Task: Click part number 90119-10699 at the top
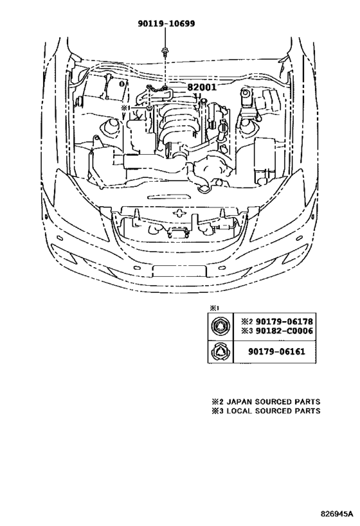pyautogui.click(x=166, y=24)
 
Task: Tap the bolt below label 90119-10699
pyautogui.click(x=165, y=51)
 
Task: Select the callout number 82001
pyautogui.click(x=201, y=87)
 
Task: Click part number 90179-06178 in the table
pyautogui.click(x=284, y=321)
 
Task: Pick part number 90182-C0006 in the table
pyautogui.click(x=284, y=331)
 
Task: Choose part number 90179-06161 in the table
pyautogui.click(x=276, y=351)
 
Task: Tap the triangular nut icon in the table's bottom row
pyautogui.click(x=220, y=351)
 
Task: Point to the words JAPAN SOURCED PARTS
pyautogui.click(x=273, y=401)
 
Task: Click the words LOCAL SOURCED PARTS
pyautogui.click(x=273, y=411)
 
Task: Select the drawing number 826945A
pyautogui.click(x=336, y=514)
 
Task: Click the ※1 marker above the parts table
pyautogui.click(x=214, y=308)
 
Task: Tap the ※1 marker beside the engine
pyautogui.click(x=125, y=108)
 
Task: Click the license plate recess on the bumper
pyautogui.click(x=179, y=270)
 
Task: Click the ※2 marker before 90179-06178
pyautogui.click(x=248, y=322)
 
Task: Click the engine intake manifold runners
pyautogui.click(x=177, y=126)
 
